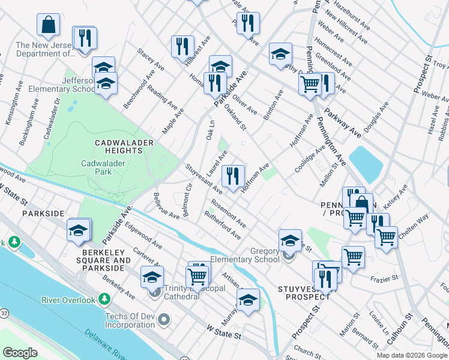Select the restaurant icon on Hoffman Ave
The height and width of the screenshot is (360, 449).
pyautogui.click(x=233, y=176)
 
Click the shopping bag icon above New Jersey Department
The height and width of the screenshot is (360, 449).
pyautogui.click(x=49, y=25)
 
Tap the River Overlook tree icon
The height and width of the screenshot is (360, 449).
pyautogui.click(x=105, y=299)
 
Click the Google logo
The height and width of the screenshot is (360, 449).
pyautogui.click(x=20, y=353)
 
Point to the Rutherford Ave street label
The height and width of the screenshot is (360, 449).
pyautogui.click(x=222, y=224)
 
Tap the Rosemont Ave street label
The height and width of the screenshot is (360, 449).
pyautogui.click(x=229, y=212)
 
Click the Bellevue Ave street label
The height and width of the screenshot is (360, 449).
pyautogui.click(x=166, y=206)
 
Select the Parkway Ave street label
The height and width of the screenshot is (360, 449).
pyautogui.click(x=342, y=127)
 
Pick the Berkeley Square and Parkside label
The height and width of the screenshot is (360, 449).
pyautogui.click(x=105, y=264)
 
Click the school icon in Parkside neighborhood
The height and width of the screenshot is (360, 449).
pyautogui.click(x=79, y=230)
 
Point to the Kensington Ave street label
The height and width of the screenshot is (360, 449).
pyautogui.click(x=13, y=109)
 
